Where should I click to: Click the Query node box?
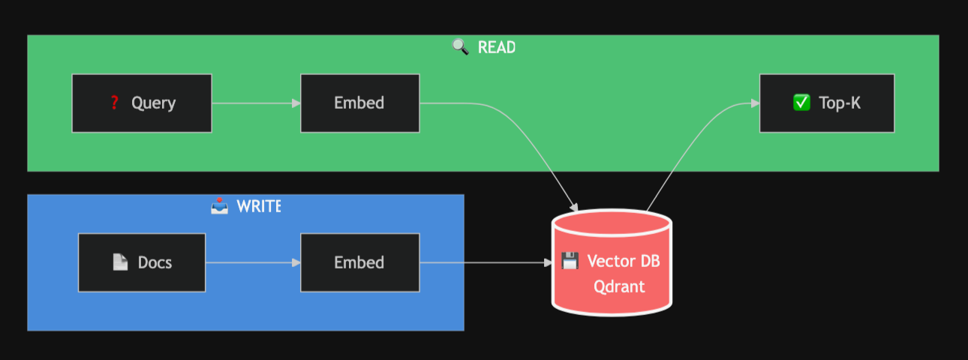coord(142,103)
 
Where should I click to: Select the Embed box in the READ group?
coord(359,103)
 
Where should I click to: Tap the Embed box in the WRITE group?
coord(359,262)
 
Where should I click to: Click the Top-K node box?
coord(826,103)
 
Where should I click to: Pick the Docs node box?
coord(142,262)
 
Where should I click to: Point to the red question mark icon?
coord(114,103)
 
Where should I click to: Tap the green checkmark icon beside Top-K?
coord(801,103)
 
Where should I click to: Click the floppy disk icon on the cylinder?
coord(570,261)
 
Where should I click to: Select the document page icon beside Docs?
coord(120,262)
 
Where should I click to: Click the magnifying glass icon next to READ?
coord(460,47)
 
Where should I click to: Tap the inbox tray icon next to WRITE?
coord(219,206)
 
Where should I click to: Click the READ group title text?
coord(497,47)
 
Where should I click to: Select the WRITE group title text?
coord(258,206)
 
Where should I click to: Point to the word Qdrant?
coord(619,286)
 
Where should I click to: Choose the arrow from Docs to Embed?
coord(252,262)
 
